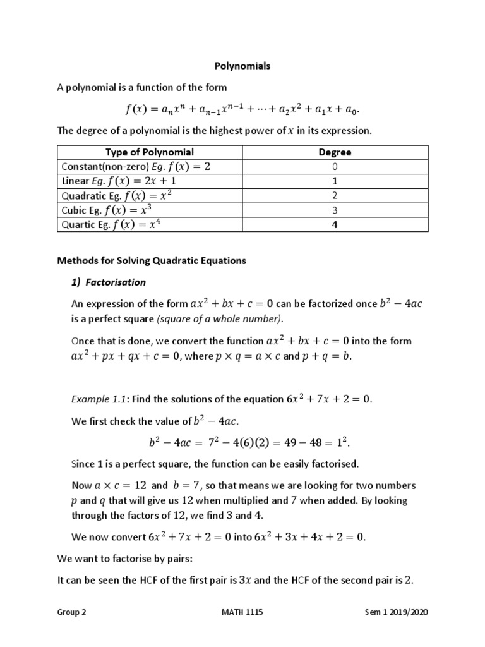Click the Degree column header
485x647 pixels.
(x=335, y=152)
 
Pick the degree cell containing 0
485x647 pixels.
(x=335, y=167)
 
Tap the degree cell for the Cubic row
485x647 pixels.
(x=335, y=210)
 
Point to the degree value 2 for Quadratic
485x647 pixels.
(x=335, y=196)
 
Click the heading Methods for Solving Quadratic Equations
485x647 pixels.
(x=152, y=260)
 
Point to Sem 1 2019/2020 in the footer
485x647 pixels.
(x=400, y=613)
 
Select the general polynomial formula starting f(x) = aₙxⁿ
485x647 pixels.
(x=242, y=109)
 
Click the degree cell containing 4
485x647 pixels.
(x=335, y=224)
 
